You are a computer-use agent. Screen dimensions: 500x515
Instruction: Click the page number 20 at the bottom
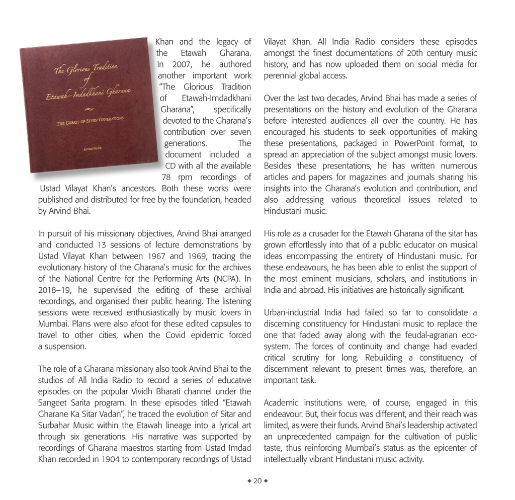click(257, 481)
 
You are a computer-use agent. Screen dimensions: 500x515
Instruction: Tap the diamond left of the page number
click(249, 481)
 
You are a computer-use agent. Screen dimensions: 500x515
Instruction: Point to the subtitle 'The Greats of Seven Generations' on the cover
click(91, 120)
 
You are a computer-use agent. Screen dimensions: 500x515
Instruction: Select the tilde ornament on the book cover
click(89, 108)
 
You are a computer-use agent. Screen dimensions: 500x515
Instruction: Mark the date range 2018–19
click(56, 290)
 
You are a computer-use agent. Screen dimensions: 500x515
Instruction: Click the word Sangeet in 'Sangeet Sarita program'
click(53, 402)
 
